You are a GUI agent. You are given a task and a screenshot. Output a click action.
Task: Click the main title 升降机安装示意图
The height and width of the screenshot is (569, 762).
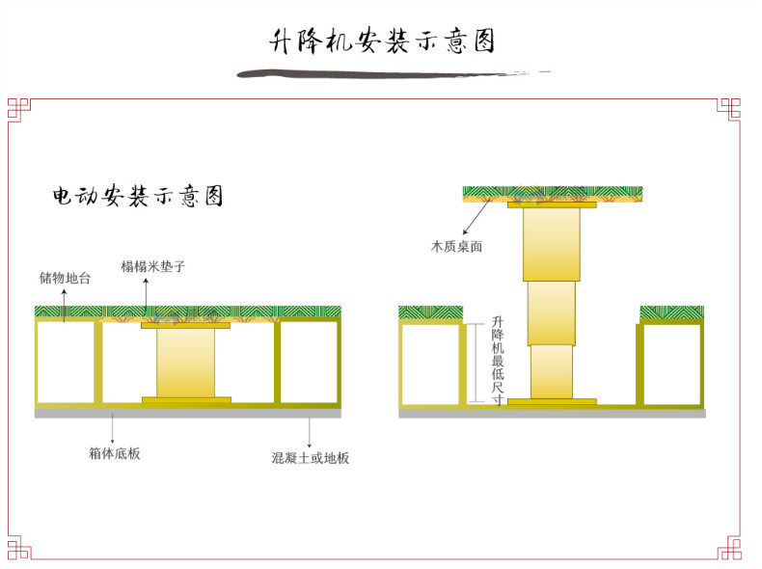[x=382, y=41]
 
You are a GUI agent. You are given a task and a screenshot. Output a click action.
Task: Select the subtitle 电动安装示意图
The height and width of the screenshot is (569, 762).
[x=138, y=197]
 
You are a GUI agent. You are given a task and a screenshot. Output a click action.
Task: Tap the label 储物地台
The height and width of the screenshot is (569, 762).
[x=65, y=278]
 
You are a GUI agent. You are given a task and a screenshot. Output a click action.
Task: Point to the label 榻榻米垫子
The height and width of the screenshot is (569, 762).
[x=152, y=266]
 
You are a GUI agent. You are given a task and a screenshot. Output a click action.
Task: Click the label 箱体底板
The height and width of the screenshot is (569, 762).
[x=114, y=452]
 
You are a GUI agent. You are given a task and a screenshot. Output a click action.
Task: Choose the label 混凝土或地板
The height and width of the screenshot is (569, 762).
[x=310, y=458]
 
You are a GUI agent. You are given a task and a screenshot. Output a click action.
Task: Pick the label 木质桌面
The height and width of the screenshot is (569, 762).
[x=456, y=247]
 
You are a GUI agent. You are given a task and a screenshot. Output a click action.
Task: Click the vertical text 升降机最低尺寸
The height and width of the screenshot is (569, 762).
[x=497, y=361]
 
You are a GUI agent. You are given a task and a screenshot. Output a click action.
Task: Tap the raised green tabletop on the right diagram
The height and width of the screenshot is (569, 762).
[x=552, y=192]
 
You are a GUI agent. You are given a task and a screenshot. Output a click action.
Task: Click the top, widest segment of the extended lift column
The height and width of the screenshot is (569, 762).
[x=552, y=243]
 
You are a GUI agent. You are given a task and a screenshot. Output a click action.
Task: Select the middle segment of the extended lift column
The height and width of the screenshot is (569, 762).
[x=551, y=312]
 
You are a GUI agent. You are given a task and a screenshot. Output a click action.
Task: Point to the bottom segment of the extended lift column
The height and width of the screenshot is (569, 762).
[x=552, y=370]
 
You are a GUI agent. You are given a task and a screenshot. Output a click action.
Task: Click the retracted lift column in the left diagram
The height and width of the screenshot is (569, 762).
[x=185, y=362]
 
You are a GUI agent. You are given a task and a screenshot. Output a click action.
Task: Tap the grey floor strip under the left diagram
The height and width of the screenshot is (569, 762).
[x=187, y=413]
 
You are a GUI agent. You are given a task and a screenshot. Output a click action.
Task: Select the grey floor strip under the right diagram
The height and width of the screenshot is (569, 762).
[x=552, y=413]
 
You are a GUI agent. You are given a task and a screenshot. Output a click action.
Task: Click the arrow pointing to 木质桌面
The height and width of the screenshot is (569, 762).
[x=475, y=220]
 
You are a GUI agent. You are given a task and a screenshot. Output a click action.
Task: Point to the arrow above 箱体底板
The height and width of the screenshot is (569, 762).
[x=114, y=427]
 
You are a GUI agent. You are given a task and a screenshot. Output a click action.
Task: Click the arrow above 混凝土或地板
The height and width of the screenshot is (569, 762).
[x=310, y=430]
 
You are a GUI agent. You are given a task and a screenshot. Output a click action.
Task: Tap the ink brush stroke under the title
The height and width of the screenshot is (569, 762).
[x=386, y=73]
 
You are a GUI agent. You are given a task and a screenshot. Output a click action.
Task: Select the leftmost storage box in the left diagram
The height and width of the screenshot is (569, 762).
[x=66, y=362]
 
